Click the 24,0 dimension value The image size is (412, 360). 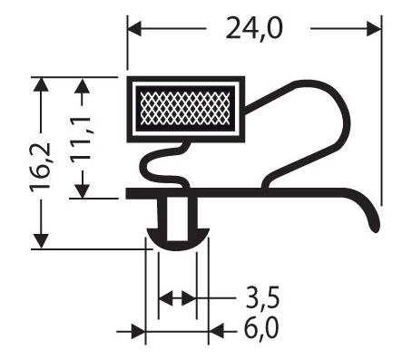(254, 28)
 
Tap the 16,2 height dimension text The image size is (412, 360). (40, 165)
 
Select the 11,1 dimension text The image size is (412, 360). (81, 138)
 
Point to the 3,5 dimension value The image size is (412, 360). (262, 298)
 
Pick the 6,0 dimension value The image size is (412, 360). (261, 329)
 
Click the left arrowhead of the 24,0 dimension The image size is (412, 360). (135, 29)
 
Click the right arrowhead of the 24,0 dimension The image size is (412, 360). (374, 29)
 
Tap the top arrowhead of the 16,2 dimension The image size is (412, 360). (41, 85)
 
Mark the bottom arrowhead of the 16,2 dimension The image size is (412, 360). (41, 241)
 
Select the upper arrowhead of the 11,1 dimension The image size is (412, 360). (82, 85)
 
